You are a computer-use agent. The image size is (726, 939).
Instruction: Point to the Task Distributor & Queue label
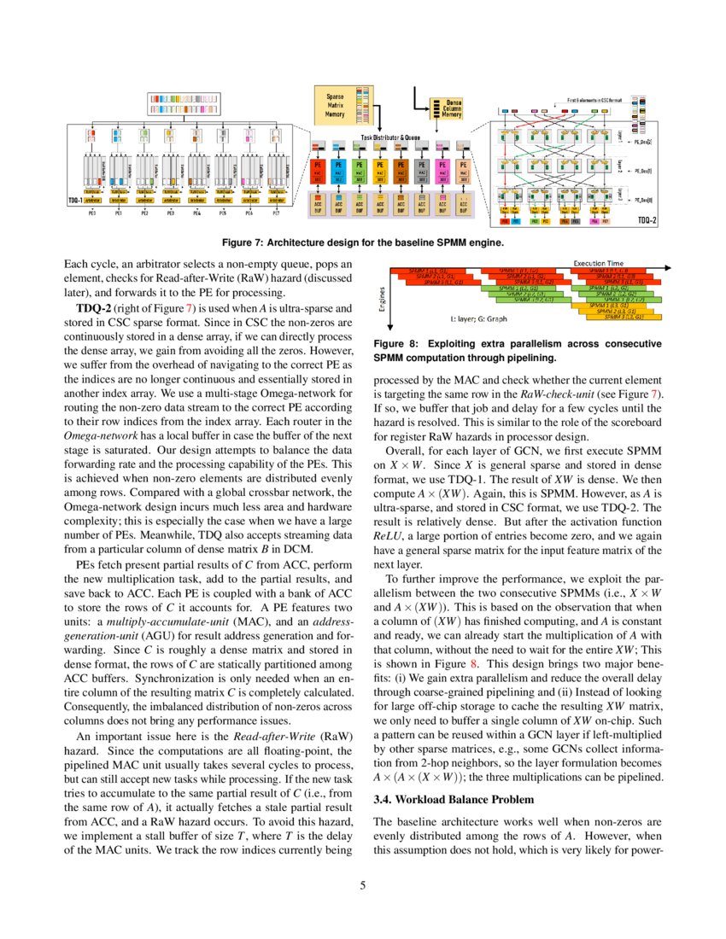[x=389, y=137]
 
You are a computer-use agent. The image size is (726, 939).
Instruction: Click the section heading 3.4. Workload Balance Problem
[x=454, y=799]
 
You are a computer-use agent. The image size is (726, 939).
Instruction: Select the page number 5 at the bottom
[x=362, y=885]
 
